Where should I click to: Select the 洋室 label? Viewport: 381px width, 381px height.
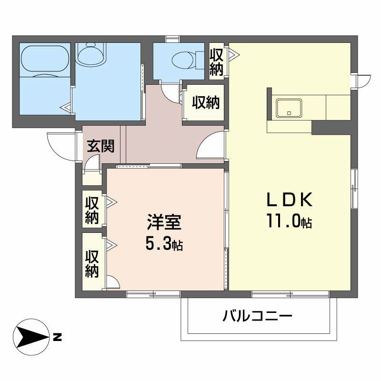[164, 223]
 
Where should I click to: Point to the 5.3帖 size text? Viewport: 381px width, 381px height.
[164, 244]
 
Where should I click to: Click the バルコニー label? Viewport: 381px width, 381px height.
[257, 316]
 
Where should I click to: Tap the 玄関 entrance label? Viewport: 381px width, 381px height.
[100, 146]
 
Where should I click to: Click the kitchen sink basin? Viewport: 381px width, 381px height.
[289, 108]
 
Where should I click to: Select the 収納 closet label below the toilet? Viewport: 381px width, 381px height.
[206, 102]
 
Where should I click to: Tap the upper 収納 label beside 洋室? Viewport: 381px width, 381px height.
[92, 210]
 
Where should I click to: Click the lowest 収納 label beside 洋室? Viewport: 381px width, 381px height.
[92, 263]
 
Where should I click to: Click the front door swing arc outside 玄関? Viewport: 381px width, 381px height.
[60, 145]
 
